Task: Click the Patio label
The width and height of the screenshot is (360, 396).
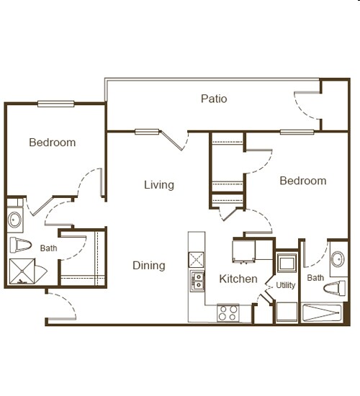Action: coord(214,99)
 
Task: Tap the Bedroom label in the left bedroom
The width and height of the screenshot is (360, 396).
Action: coord(52,143)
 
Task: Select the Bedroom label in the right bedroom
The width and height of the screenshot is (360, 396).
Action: coord(302,181)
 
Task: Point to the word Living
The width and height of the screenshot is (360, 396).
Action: coord(158,185)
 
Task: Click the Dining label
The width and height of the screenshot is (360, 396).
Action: coord(148,266)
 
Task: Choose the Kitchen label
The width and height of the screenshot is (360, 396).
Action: coord(238,279)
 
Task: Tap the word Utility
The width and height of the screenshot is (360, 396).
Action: coord(285,285)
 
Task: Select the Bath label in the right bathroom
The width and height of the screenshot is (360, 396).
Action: coord(315,278)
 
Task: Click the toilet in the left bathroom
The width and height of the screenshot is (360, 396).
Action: coord(19,243)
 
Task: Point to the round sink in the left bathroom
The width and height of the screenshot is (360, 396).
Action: coord(15,218)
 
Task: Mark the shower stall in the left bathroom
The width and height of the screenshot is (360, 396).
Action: coord(27,271)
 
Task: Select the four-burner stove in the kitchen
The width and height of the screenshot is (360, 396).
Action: coord(228,312)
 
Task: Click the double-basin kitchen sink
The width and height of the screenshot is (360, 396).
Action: coord(197,281)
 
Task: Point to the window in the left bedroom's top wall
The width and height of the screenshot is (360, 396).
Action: coord(56,103)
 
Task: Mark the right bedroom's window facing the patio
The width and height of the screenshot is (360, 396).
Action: coord(297,132)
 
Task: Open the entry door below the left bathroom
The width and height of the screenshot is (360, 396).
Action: coord(60,306)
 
